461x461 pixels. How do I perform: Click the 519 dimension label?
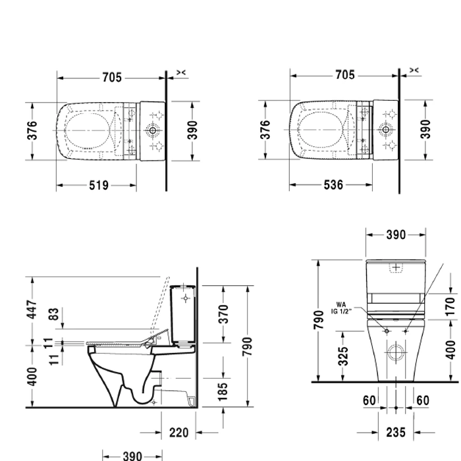pyautogui.click(x=99, y=186)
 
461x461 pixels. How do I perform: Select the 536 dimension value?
pyautogui.click(x=333, y=185)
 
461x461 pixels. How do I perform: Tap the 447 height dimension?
pyautogui.click(x=32, y=310)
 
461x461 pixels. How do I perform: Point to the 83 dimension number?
pyautogui.click(x=53, y=314)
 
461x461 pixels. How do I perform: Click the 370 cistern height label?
pyautogui.click(x=224, y=314)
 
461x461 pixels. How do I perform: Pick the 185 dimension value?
pyautogui.click(x=223, y=392)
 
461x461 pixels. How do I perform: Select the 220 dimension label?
pyautogui.click(x=178, y=433)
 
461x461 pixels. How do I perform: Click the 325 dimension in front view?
pyautogui.click(x=343, y=356)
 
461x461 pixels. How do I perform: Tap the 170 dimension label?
pyautogui.click(x=450, y=307)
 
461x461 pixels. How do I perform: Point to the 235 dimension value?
pyautogui.click(x=396, y=433)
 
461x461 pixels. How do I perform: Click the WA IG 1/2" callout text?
pyautogui.click(x=341, y=308)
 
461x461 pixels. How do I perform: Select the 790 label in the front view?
pyautogui.click(x=319, y=319)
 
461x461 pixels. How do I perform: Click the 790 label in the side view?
pyautogui.click(x=247, y=346)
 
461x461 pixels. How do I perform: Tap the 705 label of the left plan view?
pyautogui.click(x=112, y=78)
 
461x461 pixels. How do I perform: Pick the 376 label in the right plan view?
pyautogui.click(x=265, y=130)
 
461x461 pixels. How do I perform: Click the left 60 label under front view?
pyautogui.click(x=369, y=400)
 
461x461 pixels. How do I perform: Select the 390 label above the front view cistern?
pyautogui.click(x=396, y=235)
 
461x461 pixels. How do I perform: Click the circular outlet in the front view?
pyautogui.click(x=396, y=352)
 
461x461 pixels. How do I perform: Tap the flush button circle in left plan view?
pyautogui.click(x=153, y=130)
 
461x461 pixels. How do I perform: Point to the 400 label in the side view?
pyautogui.click(x=32, y=377)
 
